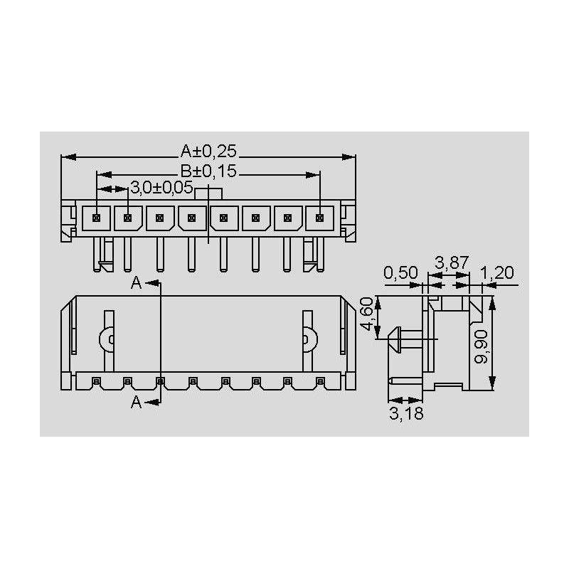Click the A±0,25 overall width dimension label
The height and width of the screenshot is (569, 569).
click(208, 151)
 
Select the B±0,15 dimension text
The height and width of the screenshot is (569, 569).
click(208, 171)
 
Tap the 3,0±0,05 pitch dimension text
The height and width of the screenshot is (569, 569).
click(161, 188)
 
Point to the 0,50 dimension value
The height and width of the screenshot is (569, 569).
click(400, 272)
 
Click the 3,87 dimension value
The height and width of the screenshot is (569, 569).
click(452, 262)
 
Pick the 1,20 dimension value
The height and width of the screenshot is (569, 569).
click(496, 272)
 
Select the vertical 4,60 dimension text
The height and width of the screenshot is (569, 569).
click(367, 314)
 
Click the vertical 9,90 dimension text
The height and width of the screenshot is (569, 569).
click(482, 346)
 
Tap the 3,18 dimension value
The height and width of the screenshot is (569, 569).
click(406, 413)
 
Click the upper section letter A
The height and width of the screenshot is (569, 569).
click(136, 282)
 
